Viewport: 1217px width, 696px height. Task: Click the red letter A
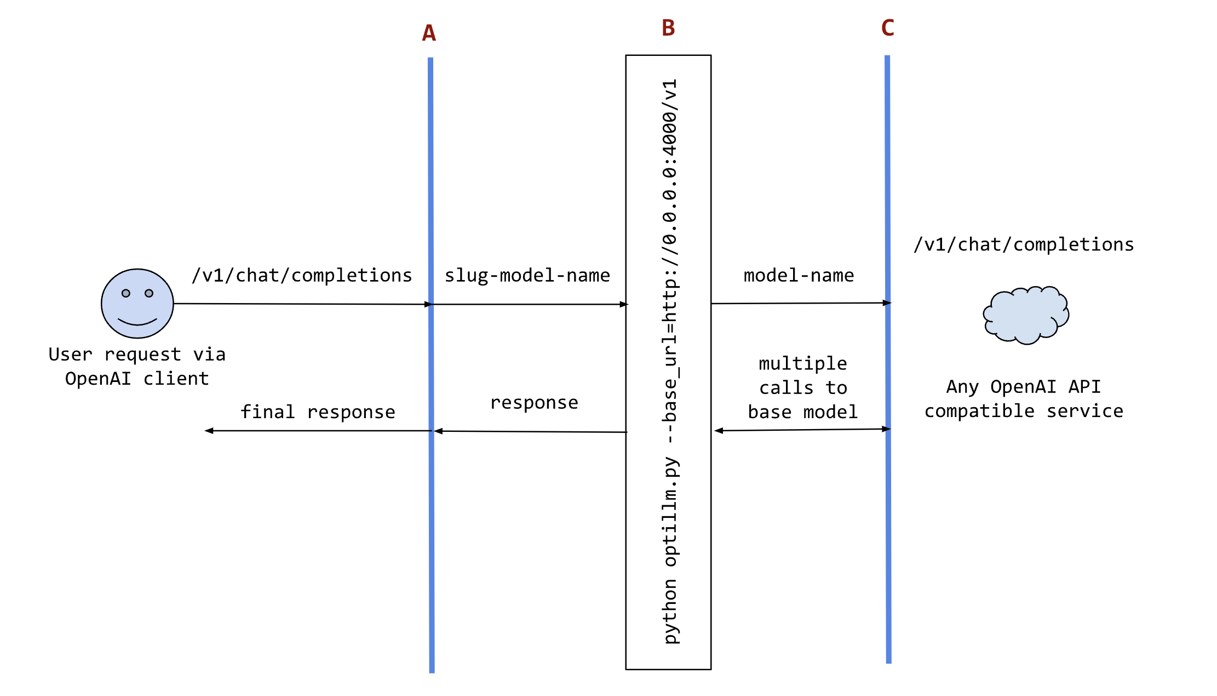pyautogui.click(x=429, y=33)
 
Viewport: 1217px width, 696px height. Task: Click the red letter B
pyautogui.click(x=668, y=28)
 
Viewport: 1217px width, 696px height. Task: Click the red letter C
pyautogui.click(x=887, y=28)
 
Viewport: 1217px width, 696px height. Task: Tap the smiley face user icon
pyautogui.click(x=137, y=303)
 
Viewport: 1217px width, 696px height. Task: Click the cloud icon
pyautogui.click(x=1026, y=315)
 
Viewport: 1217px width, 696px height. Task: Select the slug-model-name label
pyautogui.click(x=527, y=275)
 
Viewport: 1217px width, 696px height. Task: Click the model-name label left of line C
pyautogui.click(x=799, y=275)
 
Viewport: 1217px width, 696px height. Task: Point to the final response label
pyautogui.click(x=318, y=412)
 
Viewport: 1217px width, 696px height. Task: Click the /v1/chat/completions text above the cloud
pyautogui.click(x=1024, y=244)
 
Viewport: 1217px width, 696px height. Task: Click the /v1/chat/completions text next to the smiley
pyautogui.click(x=302, y=275)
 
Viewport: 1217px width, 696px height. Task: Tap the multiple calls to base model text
pyautogui.click(x=803, y=387)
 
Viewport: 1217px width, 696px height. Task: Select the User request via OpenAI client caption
pyautogui.click(x=137, y=366)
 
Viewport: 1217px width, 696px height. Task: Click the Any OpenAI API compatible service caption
pyautogui.click(x=1024, y=398)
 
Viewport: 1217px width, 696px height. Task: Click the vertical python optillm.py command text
pyautogui.click(x=670, y=362)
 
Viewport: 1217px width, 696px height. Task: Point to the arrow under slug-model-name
pyautogui.click(x=529, y=304)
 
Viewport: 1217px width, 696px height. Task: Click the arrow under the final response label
pyautogui.click(x=318, y=431)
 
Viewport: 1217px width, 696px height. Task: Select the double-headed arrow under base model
pyautogui.click(x=802, y=430)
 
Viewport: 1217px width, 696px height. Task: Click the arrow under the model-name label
pyautogui.click(x=800, y=303)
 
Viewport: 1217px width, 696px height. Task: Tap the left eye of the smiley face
pyautogui.click(x=126, y=293)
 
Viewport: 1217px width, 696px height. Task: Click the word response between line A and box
pyautogui.click(x=534, y=403)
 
